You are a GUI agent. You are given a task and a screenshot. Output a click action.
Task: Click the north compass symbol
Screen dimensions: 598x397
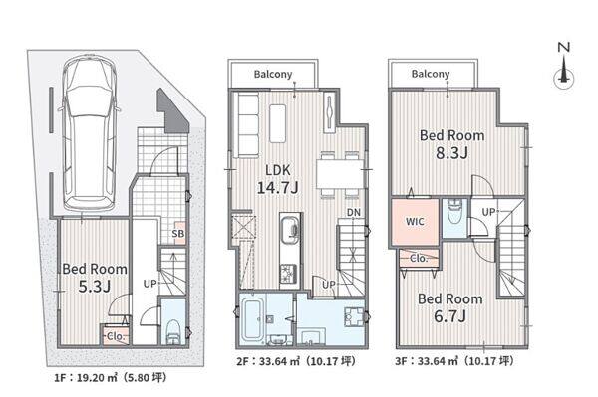[x=564, y=68]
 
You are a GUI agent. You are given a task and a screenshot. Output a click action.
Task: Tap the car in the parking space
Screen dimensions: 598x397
[x=90, y=132]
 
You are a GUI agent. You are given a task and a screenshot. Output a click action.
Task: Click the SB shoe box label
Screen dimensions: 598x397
[x=178, y=233]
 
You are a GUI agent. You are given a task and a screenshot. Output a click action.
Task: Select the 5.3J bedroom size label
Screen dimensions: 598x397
[x=95, y=287]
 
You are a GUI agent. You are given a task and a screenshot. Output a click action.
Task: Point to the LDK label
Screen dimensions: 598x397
[x=278, y=170]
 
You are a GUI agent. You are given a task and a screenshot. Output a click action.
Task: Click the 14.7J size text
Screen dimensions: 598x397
[x=277, y=188]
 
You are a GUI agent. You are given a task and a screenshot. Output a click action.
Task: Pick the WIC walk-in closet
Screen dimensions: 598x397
[x=415, y=222]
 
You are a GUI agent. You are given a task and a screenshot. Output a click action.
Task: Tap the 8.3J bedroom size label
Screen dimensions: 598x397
[x=451, y=153]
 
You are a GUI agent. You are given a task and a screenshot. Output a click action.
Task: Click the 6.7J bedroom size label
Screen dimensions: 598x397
[x=450, y=316]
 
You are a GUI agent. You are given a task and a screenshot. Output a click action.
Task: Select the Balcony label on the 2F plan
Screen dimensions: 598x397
[x=273, y=74]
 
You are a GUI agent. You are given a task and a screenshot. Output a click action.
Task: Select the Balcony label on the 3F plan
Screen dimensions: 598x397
[x=431, y=74]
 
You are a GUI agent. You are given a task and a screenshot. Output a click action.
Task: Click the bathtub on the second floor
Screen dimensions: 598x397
[x=253, y=319]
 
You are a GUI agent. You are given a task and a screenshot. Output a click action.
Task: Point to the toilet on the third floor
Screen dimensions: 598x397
[x=454, y=212]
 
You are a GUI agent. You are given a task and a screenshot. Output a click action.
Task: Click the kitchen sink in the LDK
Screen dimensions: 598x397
[x=290, y=228]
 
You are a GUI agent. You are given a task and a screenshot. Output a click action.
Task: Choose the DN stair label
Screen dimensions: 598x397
[x=354, y=212]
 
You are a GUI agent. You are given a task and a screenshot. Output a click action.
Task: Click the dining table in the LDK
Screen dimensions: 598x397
[x=340, y=174]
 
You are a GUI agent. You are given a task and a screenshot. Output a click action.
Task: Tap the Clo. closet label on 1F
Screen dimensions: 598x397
[x=115, y=336]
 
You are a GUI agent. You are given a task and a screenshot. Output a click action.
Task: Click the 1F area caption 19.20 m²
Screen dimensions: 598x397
[x=111, y=378]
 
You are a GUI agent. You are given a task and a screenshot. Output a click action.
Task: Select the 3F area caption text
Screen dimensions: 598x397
[x=454, y=361]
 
